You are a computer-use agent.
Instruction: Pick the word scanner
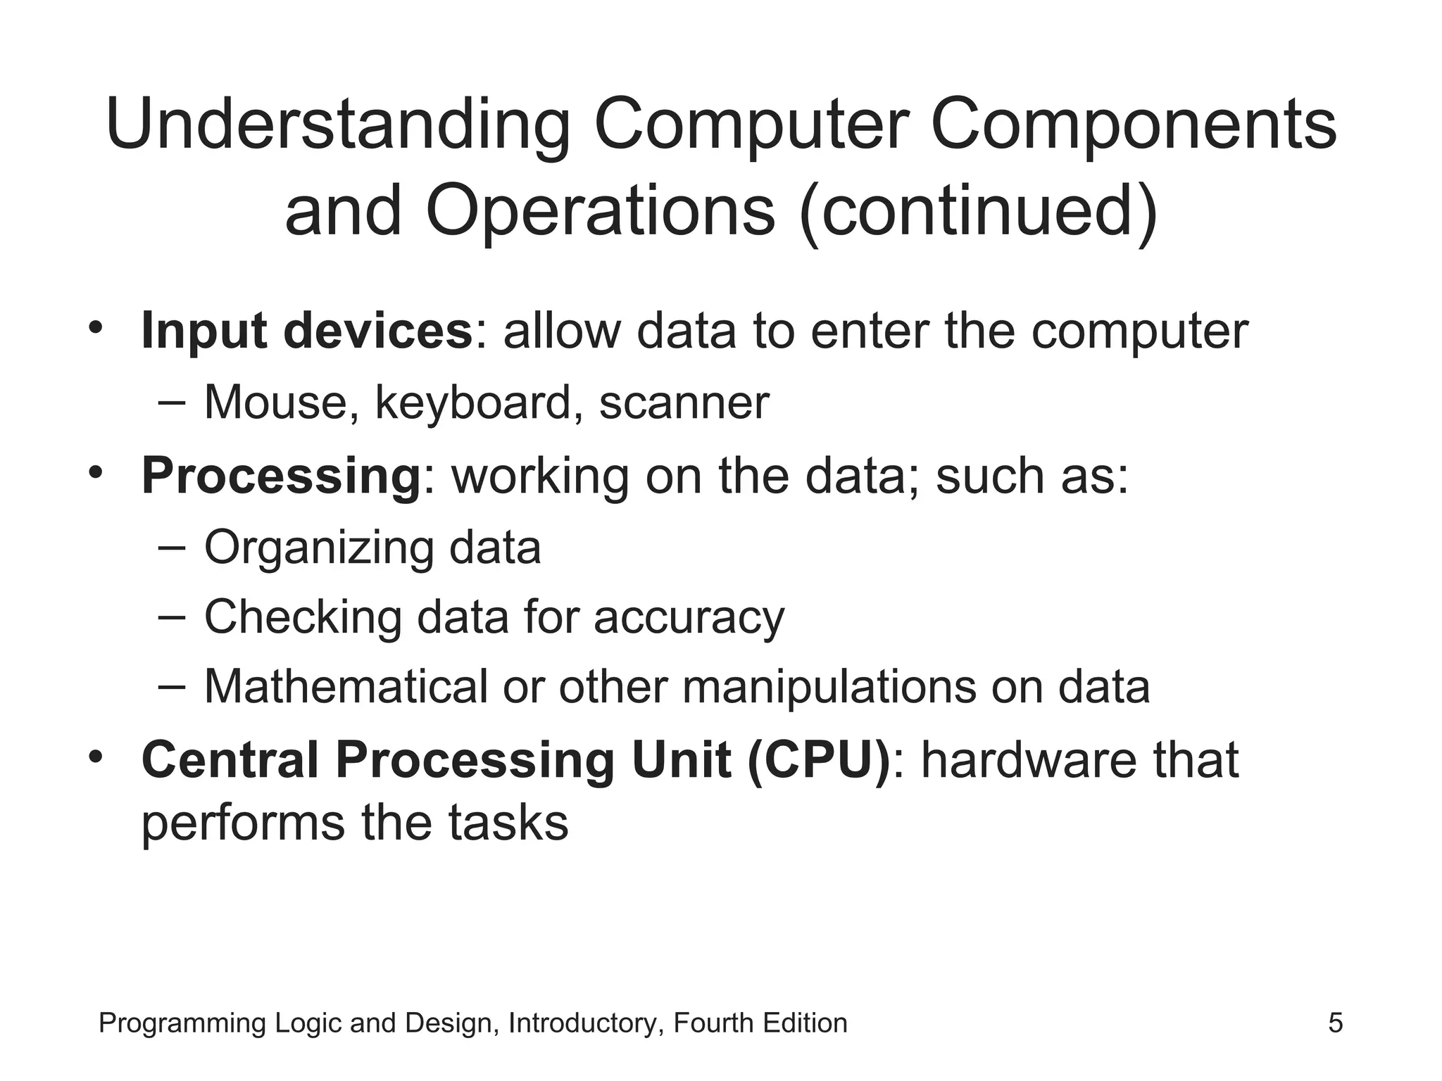684,403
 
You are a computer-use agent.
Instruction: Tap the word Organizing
318,548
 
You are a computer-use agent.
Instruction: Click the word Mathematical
346,687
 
